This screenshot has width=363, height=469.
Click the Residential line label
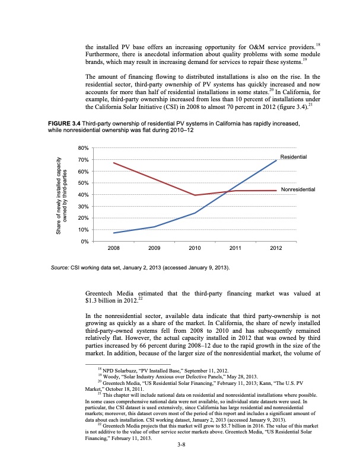[x=293, y=156]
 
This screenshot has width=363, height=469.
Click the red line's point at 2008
[x=113, y=163]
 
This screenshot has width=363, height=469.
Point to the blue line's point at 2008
[x=113, y=233]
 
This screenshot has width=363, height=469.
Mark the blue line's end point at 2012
[x=276, y=160]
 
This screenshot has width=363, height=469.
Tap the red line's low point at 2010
[x=195, y=195]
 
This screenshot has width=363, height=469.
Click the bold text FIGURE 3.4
[x=65, y=123]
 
